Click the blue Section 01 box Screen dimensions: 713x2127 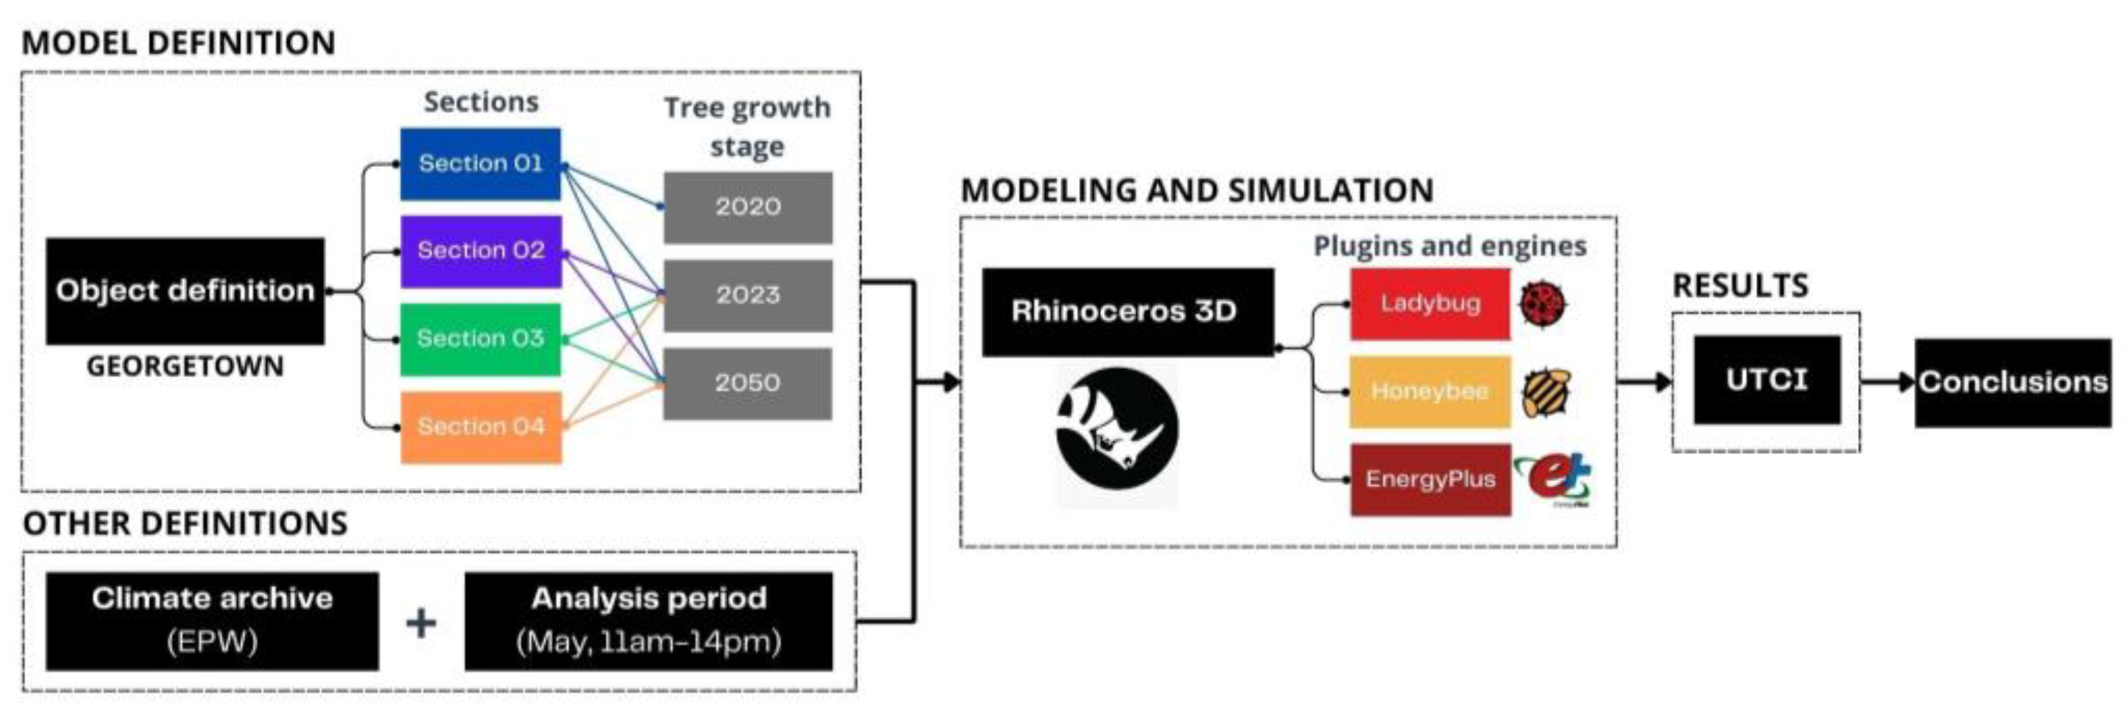click(481, 163)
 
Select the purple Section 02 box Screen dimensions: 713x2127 click(481, 251)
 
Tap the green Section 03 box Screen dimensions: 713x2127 click(481, 339)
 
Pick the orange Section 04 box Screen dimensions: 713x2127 click(481, 426)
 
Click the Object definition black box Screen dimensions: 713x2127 click(185, 291)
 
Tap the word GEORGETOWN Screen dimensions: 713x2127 click(185, 366)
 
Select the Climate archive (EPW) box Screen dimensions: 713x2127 click(212, 620)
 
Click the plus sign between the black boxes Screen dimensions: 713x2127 click(421, 622)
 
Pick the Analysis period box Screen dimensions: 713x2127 click(649, 620)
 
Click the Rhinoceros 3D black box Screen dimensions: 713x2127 click(1127, 312)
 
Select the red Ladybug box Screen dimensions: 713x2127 click(1430, 303)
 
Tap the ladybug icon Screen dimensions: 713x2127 click(1543, 304)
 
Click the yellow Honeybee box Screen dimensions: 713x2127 click(1430, 392)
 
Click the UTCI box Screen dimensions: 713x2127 click(1767, 380)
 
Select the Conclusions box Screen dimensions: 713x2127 click(2013, 383)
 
